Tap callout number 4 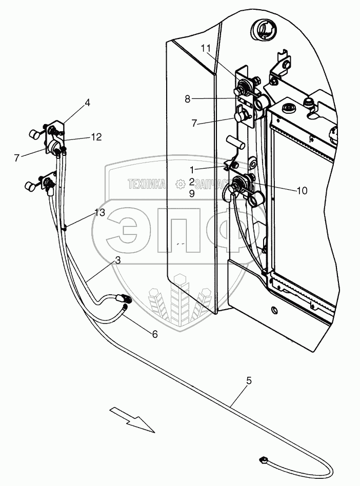point(88,103)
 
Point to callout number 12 point(96,137)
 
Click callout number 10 point(302,190)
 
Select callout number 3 point(117,260)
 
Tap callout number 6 point(154,334)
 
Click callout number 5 point(249,380)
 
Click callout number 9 point(191,194)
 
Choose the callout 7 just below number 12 point(18,158)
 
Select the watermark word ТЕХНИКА point(147,184)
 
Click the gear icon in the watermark point(179,184)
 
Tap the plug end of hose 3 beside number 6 point(124,298)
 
